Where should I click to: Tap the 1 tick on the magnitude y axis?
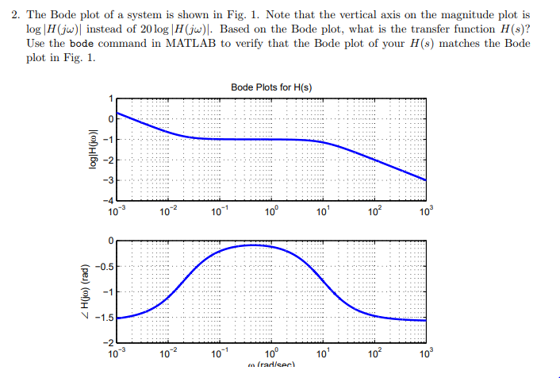[x=112, y=98]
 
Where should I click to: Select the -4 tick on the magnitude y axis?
[x=109, y=199]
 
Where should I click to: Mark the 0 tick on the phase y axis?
[x=112, y=240]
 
